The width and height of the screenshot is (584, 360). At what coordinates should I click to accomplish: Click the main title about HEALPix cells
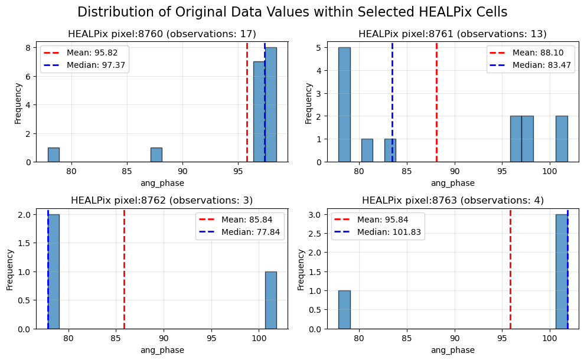coord(292,12)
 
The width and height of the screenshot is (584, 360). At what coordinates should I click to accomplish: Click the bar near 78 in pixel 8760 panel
coord(54,155)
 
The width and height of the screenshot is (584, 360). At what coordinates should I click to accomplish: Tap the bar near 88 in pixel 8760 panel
coord(156,155)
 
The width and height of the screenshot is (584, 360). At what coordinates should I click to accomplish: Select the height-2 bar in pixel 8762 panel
coord(54,271)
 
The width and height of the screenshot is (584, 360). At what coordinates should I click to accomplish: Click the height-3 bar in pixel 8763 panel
coord(562,271)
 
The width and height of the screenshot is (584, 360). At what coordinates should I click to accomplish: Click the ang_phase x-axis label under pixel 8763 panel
coord(453,350)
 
